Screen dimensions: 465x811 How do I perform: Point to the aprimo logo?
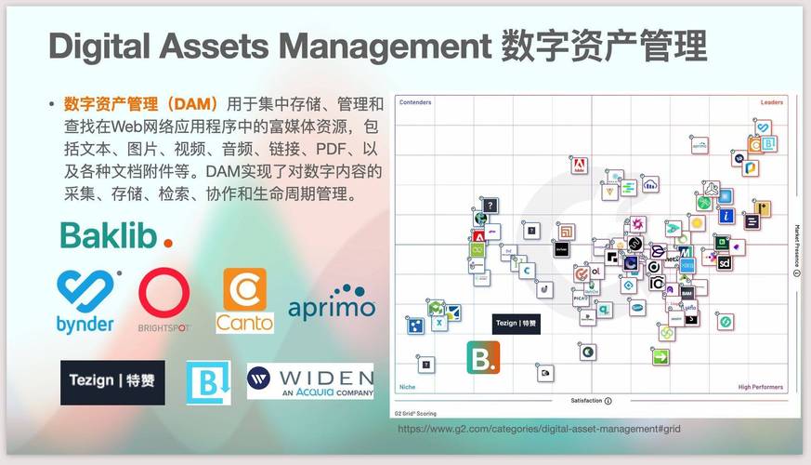click(332, 303)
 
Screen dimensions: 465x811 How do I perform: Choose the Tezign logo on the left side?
click(112, 381)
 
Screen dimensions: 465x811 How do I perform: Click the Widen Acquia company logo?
click(309, 380)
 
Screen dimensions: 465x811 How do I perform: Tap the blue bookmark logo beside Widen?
click(208, 381)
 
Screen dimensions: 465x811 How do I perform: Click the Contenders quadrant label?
click(415, 102)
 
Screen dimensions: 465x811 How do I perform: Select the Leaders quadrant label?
click(772, 102)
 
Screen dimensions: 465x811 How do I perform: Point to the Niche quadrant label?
click(407, 387)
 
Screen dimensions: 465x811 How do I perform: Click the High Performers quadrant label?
click(761, 387)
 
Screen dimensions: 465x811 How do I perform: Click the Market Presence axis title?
click(796, 246)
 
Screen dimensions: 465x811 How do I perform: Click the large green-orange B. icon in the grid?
click(483, 357)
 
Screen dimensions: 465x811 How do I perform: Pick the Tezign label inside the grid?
click(516, 324)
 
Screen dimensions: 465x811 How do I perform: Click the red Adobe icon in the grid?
click(579, 166)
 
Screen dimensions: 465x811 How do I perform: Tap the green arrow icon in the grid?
click(661, 356)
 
